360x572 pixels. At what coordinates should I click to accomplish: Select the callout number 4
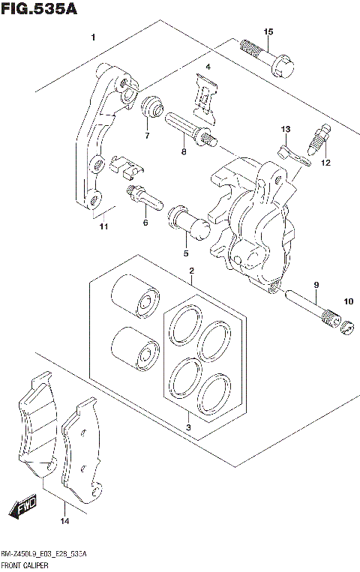[208, 68]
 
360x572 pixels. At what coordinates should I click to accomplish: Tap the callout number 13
[285, 130]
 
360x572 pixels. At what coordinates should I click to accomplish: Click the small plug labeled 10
[346, 327]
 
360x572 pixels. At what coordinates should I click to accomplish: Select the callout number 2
[192, 271]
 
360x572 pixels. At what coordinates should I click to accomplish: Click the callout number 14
[64, 520]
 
